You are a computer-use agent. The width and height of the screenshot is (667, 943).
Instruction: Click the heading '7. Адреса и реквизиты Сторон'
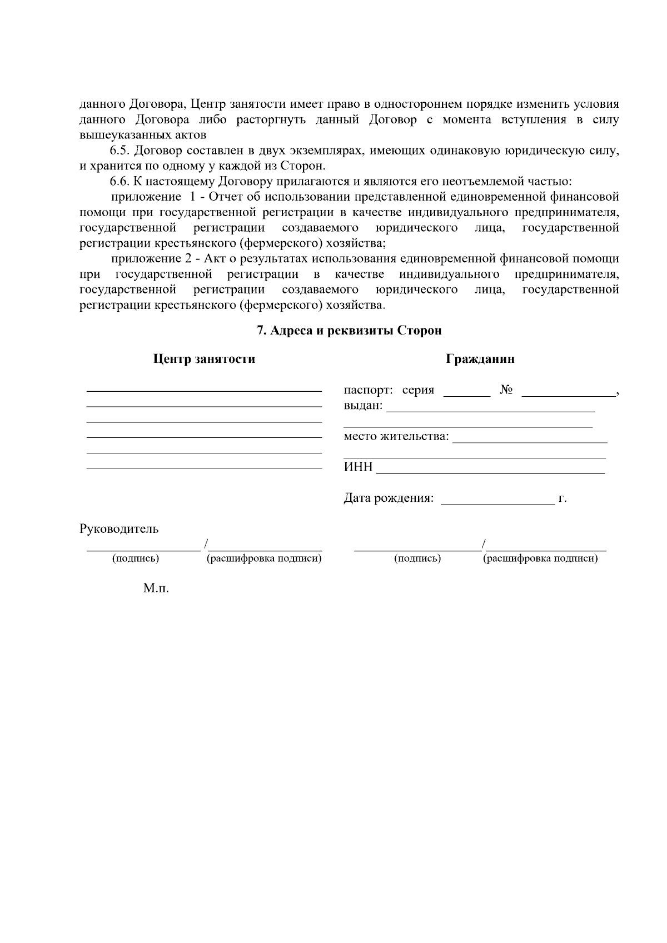[349, 331]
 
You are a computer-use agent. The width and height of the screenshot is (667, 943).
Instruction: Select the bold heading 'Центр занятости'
[204, 359]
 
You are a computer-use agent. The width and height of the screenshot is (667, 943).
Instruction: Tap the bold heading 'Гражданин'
[480, 359]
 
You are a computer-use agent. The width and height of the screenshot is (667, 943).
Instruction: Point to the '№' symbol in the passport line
[506, 390]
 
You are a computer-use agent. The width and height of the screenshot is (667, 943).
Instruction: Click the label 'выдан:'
[363, 406]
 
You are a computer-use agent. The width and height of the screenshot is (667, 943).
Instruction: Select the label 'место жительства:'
[396, 436]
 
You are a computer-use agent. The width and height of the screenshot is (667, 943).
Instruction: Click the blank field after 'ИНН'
[490, 468]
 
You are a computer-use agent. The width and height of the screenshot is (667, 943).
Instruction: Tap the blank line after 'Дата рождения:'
[497, 500]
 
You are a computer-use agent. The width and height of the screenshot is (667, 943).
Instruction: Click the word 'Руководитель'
[119, 529]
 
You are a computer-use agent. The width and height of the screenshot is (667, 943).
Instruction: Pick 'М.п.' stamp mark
[156, 588]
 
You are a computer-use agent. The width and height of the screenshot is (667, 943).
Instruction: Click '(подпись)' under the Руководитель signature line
[136, 558]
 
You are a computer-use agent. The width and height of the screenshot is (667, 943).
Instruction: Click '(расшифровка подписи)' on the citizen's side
[540, 558]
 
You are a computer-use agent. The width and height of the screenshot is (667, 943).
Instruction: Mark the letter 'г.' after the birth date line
[563, 498]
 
